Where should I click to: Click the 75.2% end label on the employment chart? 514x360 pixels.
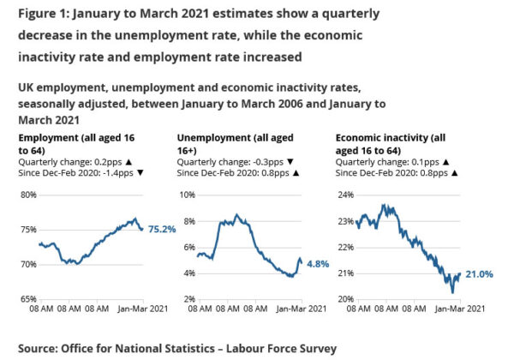point(162,229)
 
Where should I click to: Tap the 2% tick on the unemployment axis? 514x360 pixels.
point(188,299)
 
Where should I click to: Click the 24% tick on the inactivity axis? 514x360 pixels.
point(346,195)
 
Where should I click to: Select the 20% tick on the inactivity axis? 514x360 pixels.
point(346,299)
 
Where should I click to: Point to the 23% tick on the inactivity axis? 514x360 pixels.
point(346,221)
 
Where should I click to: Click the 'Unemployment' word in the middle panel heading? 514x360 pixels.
point(211,137)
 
